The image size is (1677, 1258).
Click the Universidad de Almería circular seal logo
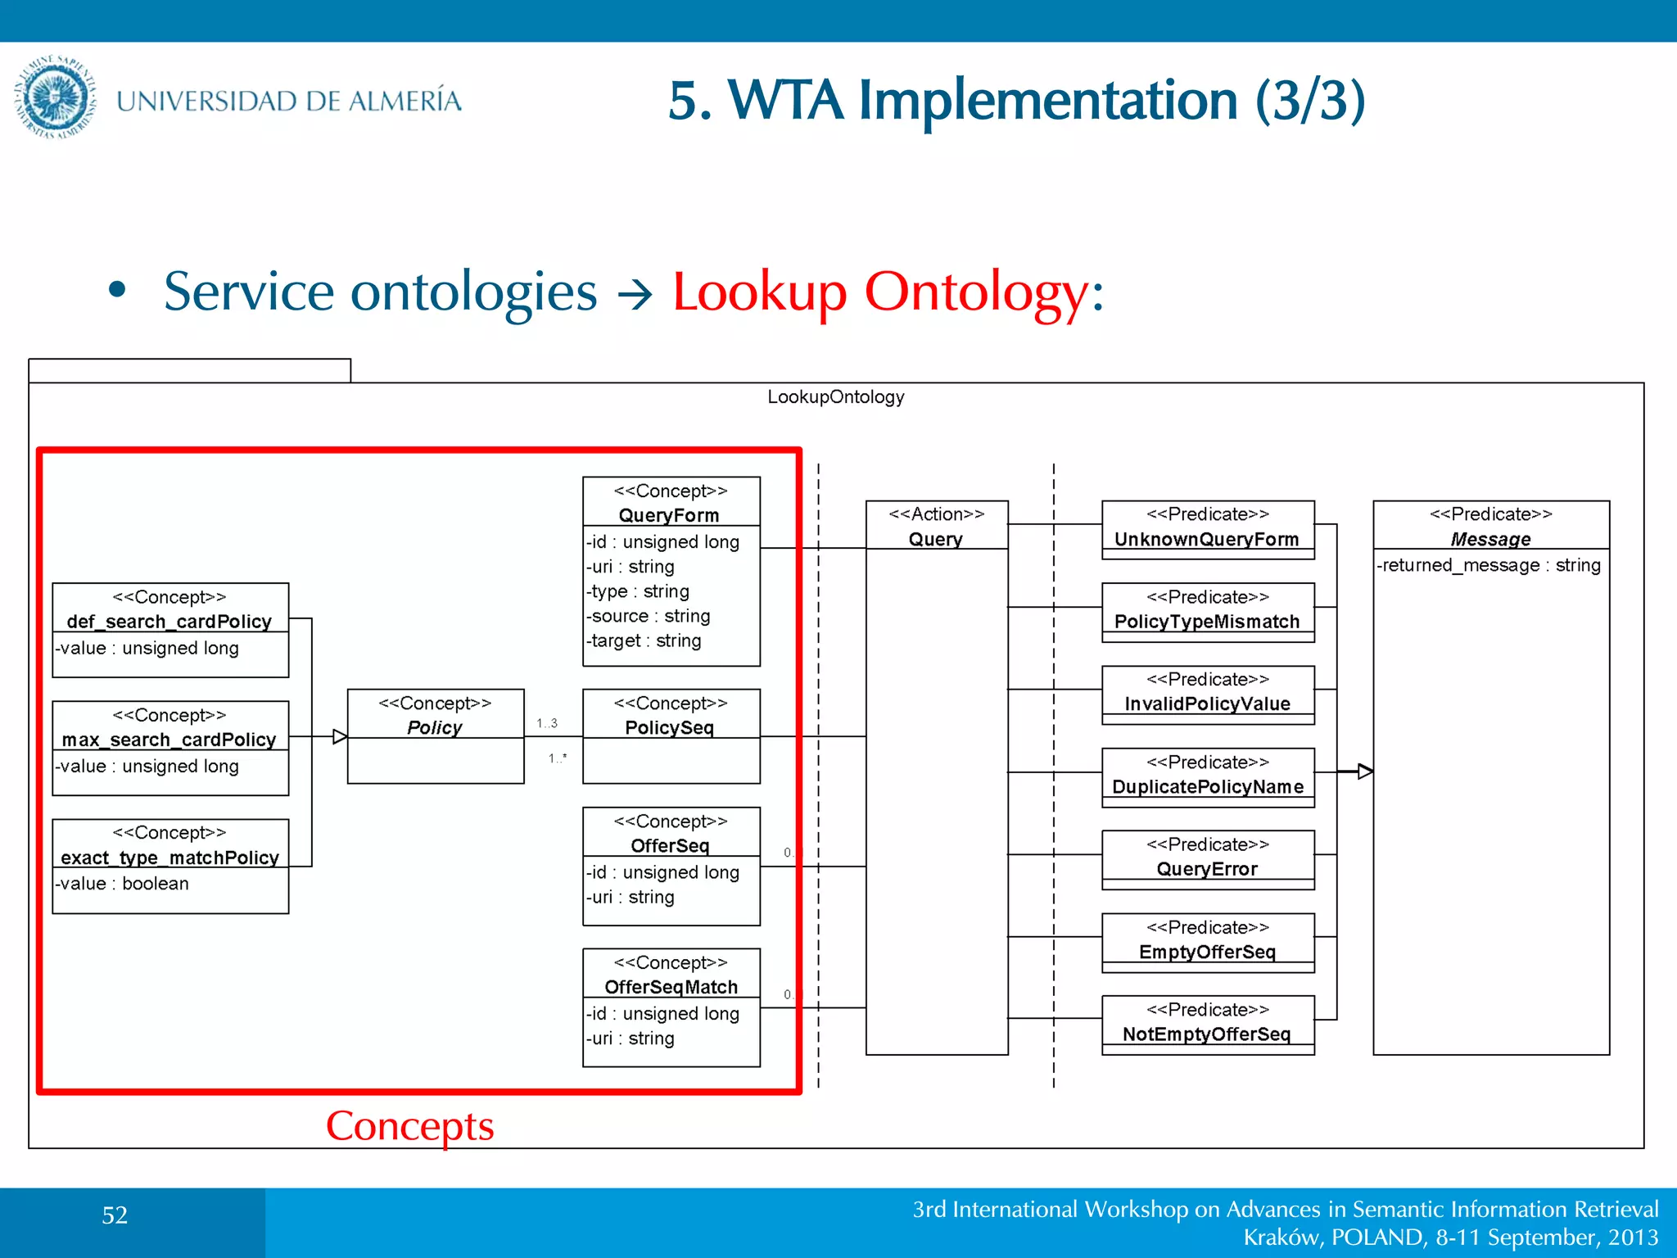point(55,97)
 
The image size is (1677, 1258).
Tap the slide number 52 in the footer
point(115,1215)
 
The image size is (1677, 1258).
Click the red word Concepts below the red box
point(409,1125)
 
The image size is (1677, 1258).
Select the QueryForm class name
point(669,515)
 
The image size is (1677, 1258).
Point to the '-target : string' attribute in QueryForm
point(644,640)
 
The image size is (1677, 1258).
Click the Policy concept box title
point(435,727)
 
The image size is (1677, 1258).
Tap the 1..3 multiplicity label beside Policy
point(547,723)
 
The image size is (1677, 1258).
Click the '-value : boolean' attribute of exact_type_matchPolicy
point(123,884)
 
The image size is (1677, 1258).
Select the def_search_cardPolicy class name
point(170,622)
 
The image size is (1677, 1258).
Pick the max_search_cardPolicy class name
point(170,740)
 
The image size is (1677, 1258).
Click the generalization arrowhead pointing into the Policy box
point(340,736)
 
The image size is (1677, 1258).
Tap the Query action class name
point(936,539)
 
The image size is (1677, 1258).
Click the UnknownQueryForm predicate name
point(1207,539)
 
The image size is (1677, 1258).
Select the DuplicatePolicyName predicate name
point(1208,786)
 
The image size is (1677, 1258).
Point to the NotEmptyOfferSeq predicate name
point(1207,1034)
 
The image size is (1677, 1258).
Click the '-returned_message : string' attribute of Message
point(1489,565)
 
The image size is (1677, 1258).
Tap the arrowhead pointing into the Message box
point(1364,771)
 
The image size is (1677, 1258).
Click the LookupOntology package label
point(835,397)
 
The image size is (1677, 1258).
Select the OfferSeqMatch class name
point(671,987)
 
